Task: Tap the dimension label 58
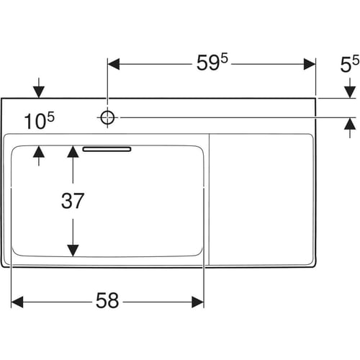(x=107, y=300)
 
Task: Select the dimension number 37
(x=73, y=201)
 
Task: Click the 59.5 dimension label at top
(x=212, y=62)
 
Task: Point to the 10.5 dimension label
(x=39, y=121)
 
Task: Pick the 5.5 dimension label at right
(x=350, y=63)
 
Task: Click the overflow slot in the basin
(x=107, y=149)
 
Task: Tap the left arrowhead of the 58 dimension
(x=17, y=302)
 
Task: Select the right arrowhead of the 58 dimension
(x=198, y=302)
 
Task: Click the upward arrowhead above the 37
(x=73, y=152)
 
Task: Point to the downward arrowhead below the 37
(x=73, y=251)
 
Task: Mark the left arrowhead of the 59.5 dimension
(x=114, y=64)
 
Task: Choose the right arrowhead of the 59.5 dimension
(x=310, y=64)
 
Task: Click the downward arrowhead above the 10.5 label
(x=39, y=92)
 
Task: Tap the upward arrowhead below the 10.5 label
(x=39, y=152)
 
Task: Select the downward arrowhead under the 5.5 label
(x=350, y=92)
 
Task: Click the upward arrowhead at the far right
(x=350, y=124)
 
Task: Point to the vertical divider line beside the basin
(x=210, y=199)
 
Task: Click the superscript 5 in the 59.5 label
(x=225, y=58)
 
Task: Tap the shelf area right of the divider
(x=261, y=199)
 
